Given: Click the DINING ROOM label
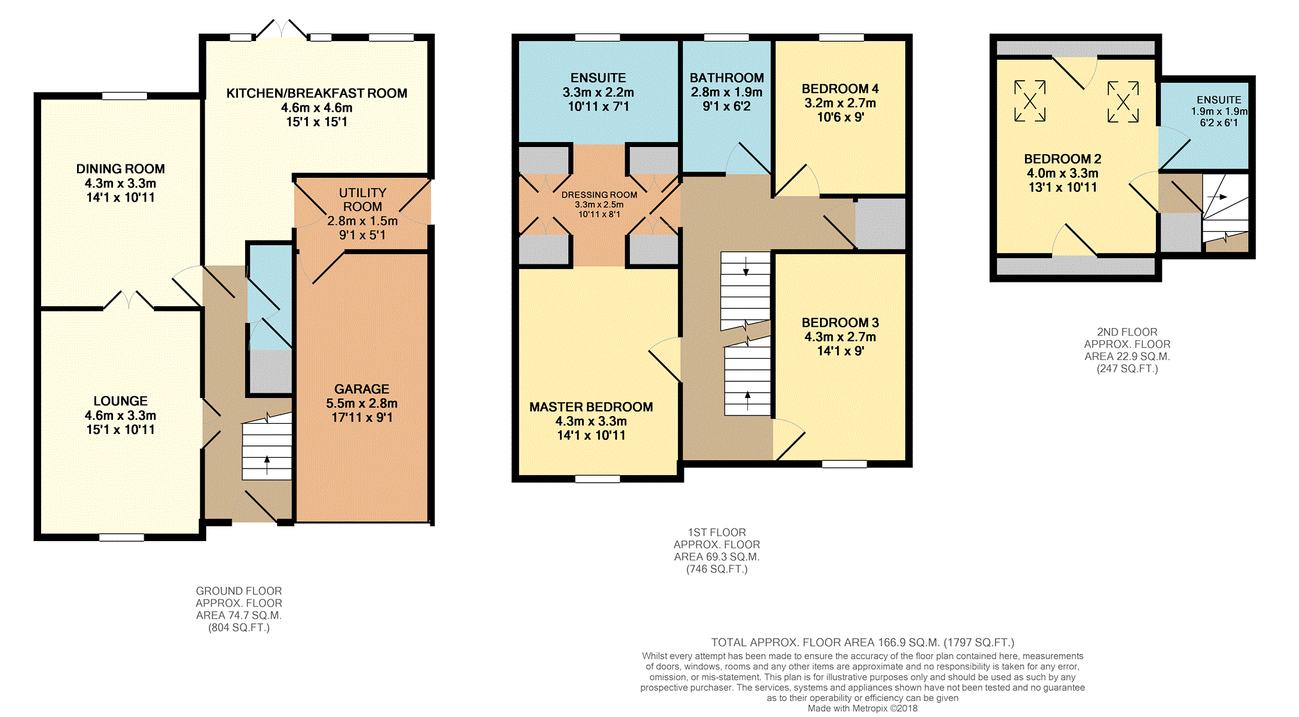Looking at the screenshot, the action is click(121, 169).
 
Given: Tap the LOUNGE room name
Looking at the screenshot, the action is click(121, 401).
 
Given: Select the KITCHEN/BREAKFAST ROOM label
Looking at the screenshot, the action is click(317, 93).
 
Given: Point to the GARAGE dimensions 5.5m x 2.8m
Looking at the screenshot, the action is click(362, 403).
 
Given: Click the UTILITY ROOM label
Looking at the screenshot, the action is click(362, 200).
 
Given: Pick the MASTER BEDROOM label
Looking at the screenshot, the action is click(591, 407).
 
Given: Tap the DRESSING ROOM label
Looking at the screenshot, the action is click(599, 194).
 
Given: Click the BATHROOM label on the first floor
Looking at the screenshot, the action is click(727, 78).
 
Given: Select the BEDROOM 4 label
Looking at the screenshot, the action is click(840, 89).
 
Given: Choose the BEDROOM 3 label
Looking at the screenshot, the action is click(840, 322).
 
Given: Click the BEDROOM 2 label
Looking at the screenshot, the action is click(1062, 159).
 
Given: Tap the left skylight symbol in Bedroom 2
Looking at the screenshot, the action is click(1030, 101).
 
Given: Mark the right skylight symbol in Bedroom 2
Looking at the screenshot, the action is click(1123, 101).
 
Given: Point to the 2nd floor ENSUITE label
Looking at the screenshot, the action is click(1219, 100).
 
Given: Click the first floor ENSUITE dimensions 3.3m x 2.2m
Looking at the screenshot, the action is click(599, 92).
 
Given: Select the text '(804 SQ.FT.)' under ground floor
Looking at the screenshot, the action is click(239, 628).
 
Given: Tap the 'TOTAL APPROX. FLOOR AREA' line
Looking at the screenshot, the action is click(863, 643).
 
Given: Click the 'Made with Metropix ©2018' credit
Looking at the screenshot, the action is click(863, 709).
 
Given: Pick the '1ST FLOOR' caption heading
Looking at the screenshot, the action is click(717, 533).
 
